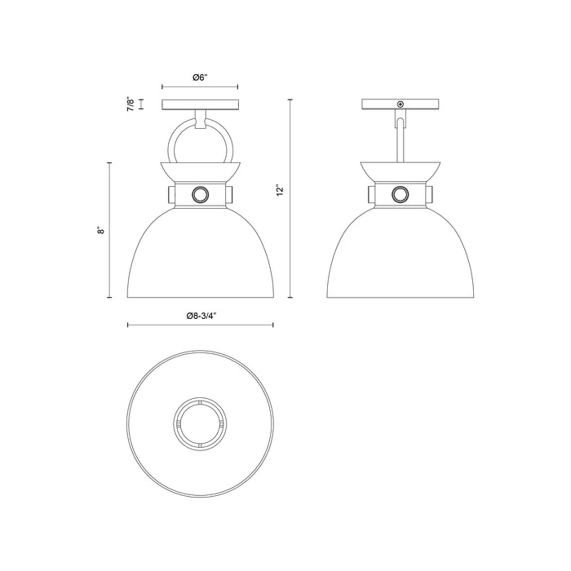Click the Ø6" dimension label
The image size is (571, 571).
(x=200, y=77)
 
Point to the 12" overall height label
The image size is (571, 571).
(x=280, y=189)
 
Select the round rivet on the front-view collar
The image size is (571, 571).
(x=200, y=194)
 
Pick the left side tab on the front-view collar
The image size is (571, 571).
(x=168, y=194)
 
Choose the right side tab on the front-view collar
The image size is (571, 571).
(x=232, y=194)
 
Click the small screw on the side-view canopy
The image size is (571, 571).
(x=400, y=104)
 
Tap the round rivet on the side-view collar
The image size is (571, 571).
(x=400, y=194)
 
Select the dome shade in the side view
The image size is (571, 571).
(x=400, y=253)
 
